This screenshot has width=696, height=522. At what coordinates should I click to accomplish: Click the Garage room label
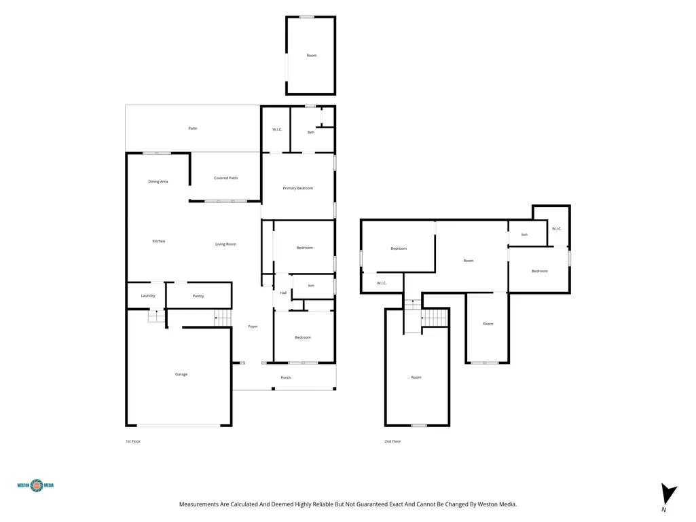(x=181, y=374)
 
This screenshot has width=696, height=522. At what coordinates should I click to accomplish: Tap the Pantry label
(x=198, y=296)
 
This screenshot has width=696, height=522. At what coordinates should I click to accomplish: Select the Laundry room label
(x=148, y=296)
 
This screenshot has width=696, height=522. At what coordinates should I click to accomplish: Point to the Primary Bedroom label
(x=298, y=188)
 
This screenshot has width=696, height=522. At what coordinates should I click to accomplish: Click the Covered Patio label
(x=225, y=178)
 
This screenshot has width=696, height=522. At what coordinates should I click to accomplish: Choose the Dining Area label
(x=158, y=181)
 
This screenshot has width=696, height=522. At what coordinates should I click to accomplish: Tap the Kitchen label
(x=158, y=241)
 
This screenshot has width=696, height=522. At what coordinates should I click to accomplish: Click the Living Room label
(x=225, y=244)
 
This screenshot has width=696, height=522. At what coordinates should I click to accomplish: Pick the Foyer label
(x=253, y=327)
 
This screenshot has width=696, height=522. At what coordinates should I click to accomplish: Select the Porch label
(x=286, y=377)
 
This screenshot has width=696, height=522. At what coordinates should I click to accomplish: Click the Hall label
(x=283, y=293)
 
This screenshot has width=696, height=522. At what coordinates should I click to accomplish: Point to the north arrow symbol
(x=668, y=494)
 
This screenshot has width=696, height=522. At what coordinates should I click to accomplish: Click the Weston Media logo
(x=35, y=485)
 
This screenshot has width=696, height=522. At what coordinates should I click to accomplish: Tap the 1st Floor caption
(x=132, y=441)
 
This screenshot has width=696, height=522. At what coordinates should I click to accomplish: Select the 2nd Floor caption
(x=392, y=441)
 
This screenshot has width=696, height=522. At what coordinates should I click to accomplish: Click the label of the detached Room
(x=312, y=56)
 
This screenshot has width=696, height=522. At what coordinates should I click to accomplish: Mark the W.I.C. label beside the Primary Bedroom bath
(x=277, y=130)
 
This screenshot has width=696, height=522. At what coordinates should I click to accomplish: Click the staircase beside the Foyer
(x=223, y=318)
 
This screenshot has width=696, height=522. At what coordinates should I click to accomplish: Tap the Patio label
(x=193, y=128)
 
